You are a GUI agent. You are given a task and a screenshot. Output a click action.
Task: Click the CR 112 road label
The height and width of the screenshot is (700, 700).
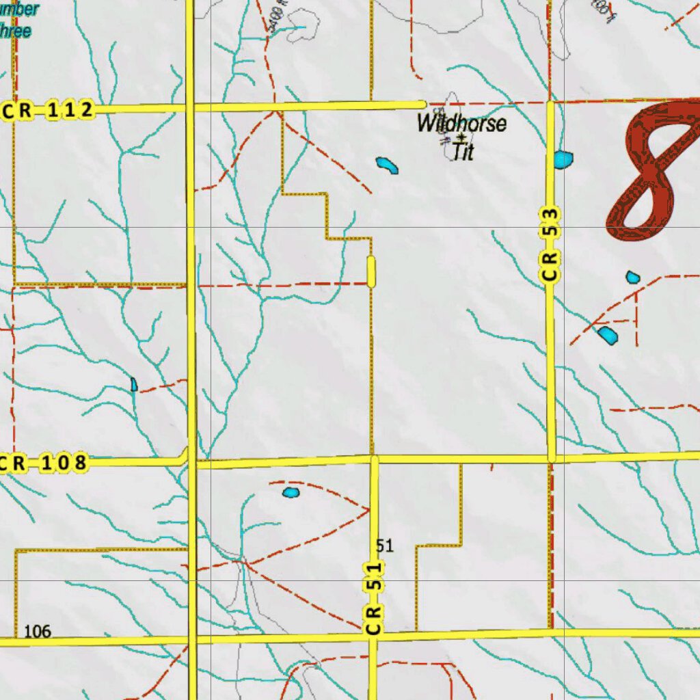[x=48, y=110]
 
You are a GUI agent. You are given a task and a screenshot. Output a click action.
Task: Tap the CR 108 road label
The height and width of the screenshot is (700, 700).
[x=43, y=463]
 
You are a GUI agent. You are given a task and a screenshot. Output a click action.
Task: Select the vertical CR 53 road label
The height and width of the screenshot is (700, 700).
[x=552, y=245]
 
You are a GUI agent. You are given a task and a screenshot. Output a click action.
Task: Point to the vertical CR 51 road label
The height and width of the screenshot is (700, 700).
[x=373, y=598]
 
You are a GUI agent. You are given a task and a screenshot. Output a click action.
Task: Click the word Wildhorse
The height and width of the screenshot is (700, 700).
[x=462, y=124]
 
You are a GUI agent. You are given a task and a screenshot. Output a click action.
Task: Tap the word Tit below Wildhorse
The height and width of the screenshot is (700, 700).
[x=463, y=152]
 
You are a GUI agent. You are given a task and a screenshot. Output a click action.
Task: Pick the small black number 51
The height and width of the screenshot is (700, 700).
[x=385, y=546]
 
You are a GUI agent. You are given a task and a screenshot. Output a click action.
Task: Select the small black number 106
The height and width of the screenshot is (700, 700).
[x=38, y=632]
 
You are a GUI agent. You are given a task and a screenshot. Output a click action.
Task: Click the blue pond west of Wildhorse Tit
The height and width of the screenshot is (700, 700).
[x=387, y=165]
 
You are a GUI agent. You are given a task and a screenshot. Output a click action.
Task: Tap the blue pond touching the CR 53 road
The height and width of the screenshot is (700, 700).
[x=563, y=160]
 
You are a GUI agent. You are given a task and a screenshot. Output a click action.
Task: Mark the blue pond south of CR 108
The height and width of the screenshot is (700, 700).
[x=291, y=492]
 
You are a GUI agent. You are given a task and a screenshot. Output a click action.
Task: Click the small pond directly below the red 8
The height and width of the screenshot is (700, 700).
[x=632, y=277]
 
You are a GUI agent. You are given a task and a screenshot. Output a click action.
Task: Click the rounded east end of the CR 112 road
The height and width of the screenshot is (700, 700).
[x=422, y=104]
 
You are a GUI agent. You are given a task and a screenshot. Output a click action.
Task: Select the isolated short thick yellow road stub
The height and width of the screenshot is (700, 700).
[x=371, y=271]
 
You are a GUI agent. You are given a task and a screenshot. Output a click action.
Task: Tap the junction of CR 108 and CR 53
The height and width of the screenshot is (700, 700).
[x=551, y=457]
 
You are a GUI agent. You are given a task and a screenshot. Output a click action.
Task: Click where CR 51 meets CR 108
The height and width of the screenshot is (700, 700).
[x=373, y=459]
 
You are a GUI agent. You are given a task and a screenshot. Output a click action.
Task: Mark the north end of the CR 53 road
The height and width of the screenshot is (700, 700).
[x=550, y=104]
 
